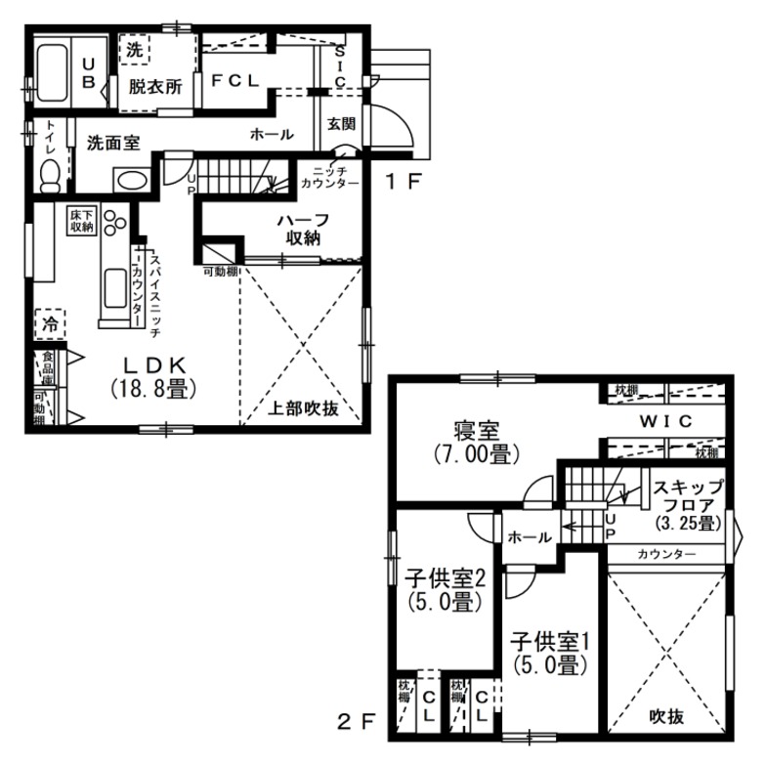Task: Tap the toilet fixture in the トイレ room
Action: click(x=50, y=172)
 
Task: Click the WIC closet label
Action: click(x=665, y=421)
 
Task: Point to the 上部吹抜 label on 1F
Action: click(x=304, y=409)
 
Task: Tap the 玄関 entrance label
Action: click(x=339, y=124)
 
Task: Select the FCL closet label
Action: click(x=234, y=81)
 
